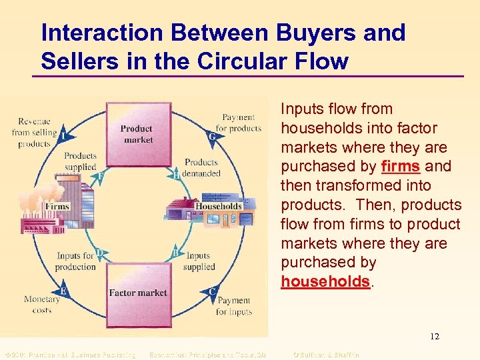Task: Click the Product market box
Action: [x=136, y=134]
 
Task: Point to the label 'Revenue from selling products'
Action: [x=34, y=132]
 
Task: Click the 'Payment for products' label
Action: [x=238, y=123]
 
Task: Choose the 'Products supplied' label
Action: [x=80, y=161]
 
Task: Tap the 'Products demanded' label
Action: [x=201, y=167]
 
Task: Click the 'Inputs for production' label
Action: [x=76, y=261]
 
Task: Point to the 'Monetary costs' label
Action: [x=42, y=305]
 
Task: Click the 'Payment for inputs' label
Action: [x=233, y=306]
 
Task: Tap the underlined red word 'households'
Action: [x=325, y=282]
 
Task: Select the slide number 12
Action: [x=434, y=337]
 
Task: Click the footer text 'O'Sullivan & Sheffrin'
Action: [x=326, y=355]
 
